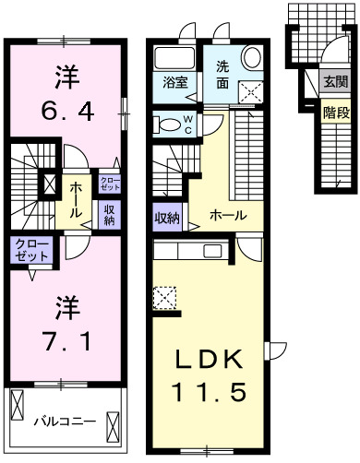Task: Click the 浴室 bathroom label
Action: pos(175,81)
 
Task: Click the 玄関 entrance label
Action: pos(334,81)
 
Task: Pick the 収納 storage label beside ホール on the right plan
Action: pos(166,218)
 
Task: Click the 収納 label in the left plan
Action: pos(109,215)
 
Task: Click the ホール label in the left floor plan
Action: pos(73,197)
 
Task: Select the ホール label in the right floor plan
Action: pos(228,214)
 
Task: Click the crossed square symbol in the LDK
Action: pos(163,297)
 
